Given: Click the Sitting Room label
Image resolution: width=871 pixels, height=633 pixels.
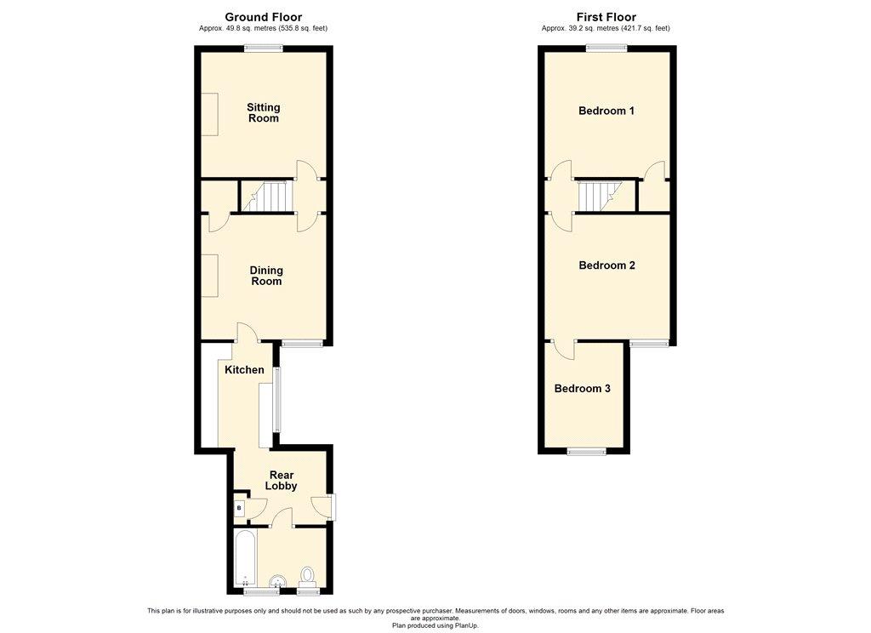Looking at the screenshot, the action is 264,113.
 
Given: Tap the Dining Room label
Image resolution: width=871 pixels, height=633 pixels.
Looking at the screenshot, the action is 266,276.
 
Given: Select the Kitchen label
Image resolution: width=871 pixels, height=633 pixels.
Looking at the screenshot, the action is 244,369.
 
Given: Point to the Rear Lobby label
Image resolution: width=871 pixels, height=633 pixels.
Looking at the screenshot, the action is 281,480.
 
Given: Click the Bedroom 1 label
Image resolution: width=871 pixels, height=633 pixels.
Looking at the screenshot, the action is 606,111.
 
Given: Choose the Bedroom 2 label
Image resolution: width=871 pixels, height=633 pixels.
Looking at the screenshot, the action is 606,265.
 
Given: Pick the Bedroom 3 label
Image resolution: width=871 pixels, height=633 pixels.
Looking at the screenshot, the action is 582,389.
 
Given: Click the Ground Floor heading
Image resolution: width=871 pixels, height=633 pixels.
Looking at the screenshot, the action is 264,17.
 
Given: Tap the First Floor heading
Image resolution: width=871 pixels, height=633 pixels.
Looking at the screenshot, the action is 606,17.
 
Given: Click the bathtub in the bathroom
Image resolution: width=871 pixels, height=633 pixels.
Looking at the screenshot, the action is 245,558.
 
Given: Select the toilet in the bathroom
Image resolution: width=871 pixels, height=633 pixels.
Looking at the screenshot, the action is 307,576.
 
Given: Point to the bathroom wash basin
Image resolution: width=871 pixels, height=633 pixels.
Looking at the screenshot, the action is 277,581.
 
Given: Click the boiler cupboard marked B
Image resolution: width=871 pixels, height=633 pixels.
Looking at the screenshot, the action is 239,507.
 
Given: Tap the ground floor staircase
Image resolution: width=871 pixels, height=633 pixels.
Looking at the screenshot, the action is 267,197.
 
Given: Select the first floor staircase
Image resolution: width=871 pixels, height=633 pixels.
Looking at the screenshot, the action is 600,197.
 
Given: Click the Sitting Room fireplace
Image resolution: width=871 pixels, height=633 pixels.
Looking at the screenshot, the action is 209,114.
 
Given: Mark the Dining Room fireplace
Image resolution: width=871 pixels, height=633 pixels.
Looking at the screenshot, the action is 209,276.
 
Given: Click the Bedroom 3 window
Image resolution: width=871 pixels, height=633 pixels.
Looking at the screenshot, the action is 587,451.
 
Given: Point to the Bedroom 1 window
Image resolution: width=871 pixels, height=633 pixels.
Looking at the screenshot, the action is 607,48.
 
